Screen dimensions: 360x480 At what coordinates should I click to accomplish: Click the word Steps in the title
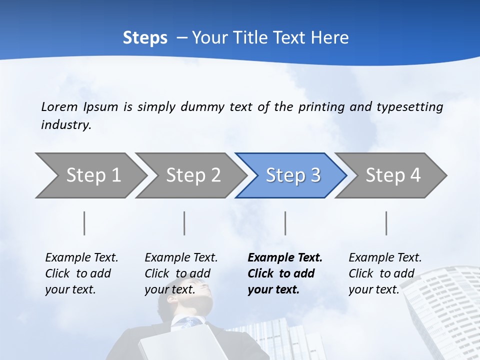(145, 38)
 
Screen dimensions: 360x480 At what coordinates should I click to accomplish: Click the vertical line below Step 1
(84, 223)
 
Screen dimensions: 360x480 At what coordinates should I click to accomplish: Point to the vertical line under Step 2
(184, 223)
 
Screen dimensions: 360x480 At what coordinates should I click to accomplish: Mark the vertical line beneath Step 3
(285, 223)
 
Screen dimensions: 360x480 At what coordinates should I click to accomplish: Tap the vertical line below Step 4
(386, 223)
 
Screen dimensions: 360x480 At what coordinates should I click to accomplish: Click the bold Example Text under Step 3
(285, 258)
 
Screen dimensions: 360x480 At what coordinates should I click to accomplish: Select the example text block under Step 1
(81, 273)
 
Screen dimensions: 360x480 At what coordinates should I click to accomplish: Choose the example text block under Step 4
(385, 273)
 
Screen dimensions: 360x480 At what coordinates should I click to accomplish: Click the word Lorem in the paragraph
(59, 106)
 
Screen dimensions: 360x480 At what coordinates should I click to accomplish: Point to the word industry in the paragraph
(65, 125)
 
